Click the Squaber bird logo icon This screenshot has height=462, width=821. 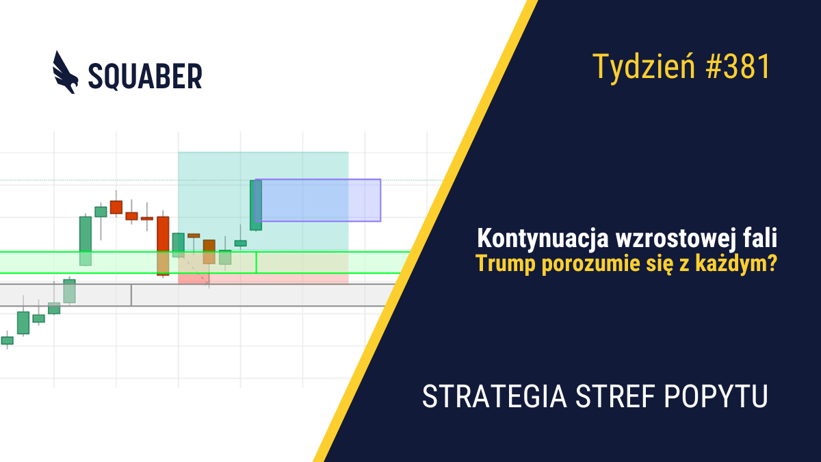coord(66,73)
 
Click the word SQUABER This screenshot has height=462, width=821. coord(145,77)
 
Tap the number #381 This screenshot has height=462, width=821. coord(738,67)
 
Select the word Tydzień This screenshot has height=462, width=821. coord(643,68)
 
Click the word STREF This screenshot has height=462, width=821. coord(615,396)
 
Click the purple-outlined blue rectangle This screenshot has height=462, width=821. coord(318,200)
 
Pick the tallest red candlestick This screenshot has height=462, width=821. coord(163,246)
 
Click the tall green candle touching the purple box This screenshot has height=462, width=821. coord(256,205)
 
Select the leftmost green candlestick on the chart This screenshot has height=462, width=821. coord(8,340)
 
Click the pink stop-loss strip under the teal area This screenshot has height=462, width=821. coord(263,279)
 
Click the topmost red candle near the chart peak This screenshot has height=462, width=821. coord(116,207)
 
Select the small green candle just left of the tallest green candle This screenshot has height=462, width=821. coord(240,243)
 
